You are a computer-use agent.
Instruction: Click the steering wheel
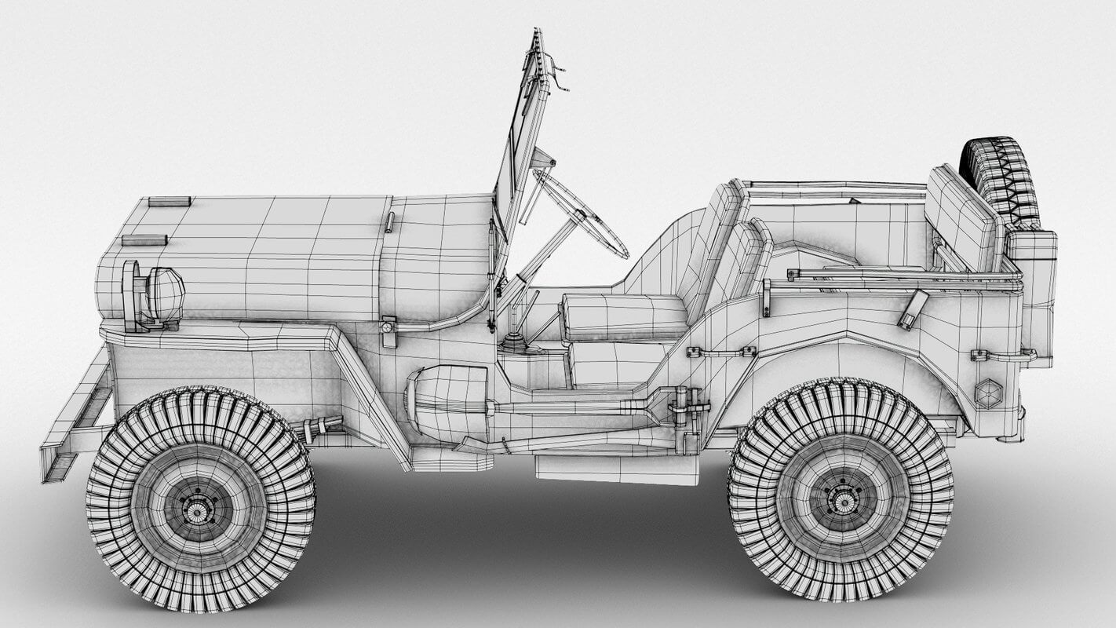[x=585, y=215]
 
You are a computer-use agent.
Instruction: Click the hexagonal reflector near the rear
[x=988, y=392]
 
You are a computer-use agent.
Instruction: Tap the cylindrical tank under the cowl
[x=447, y=400]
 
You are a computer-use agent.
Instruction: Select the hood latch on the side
[x=388, y=330]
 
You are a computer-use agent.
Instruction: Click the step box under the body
[x=616, y=469]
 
